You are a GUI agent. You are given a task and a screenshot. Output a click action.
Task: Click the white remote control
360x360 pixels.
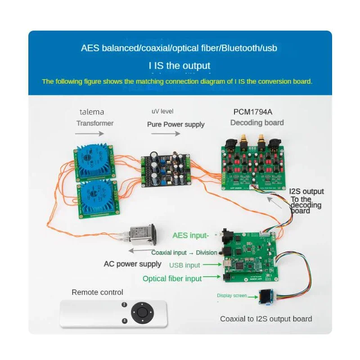(114, 313)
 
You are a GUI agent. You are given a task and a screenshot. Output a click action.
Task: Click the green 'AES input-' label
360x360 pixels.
(191, 235)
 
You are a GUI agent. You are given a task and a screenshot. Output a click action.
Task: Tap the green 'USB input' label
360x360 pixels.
(184, 265)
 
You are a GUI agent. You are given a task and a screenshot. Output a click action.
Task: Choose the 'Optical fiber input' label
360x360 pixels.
(172, 279)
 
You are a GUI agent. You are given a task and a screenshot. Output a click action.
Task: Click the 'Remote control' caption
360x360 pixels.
(97, 292)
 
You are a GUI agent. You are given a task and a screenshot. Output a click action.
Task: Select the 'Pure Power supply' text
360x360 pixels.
(175, 124)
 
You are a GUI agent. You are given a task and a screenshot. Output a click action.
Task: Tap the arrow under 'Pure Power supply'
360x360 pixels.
(174, 134)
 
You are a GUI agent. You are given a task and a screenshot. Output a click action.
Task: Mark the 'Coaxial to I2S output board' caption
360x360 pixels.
(266, 319)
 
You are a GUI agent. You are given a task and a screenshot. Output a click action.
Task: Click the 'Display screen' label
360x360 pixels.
(232, 296)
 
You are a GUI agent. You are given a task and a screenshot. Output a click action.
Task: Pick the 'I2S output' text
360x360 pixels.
(307, 192)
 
